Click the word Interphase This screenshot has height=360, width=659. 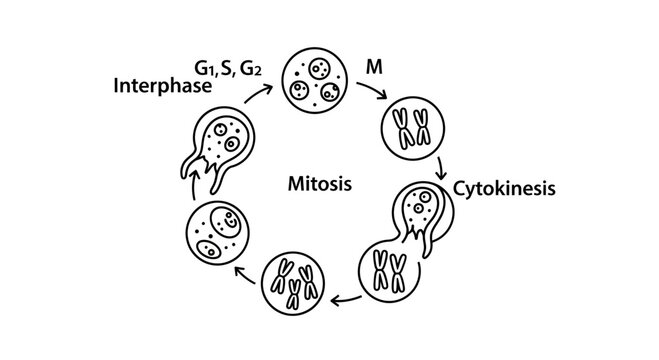164,86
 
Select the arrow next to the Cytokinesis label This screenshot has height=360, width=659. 441,165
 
